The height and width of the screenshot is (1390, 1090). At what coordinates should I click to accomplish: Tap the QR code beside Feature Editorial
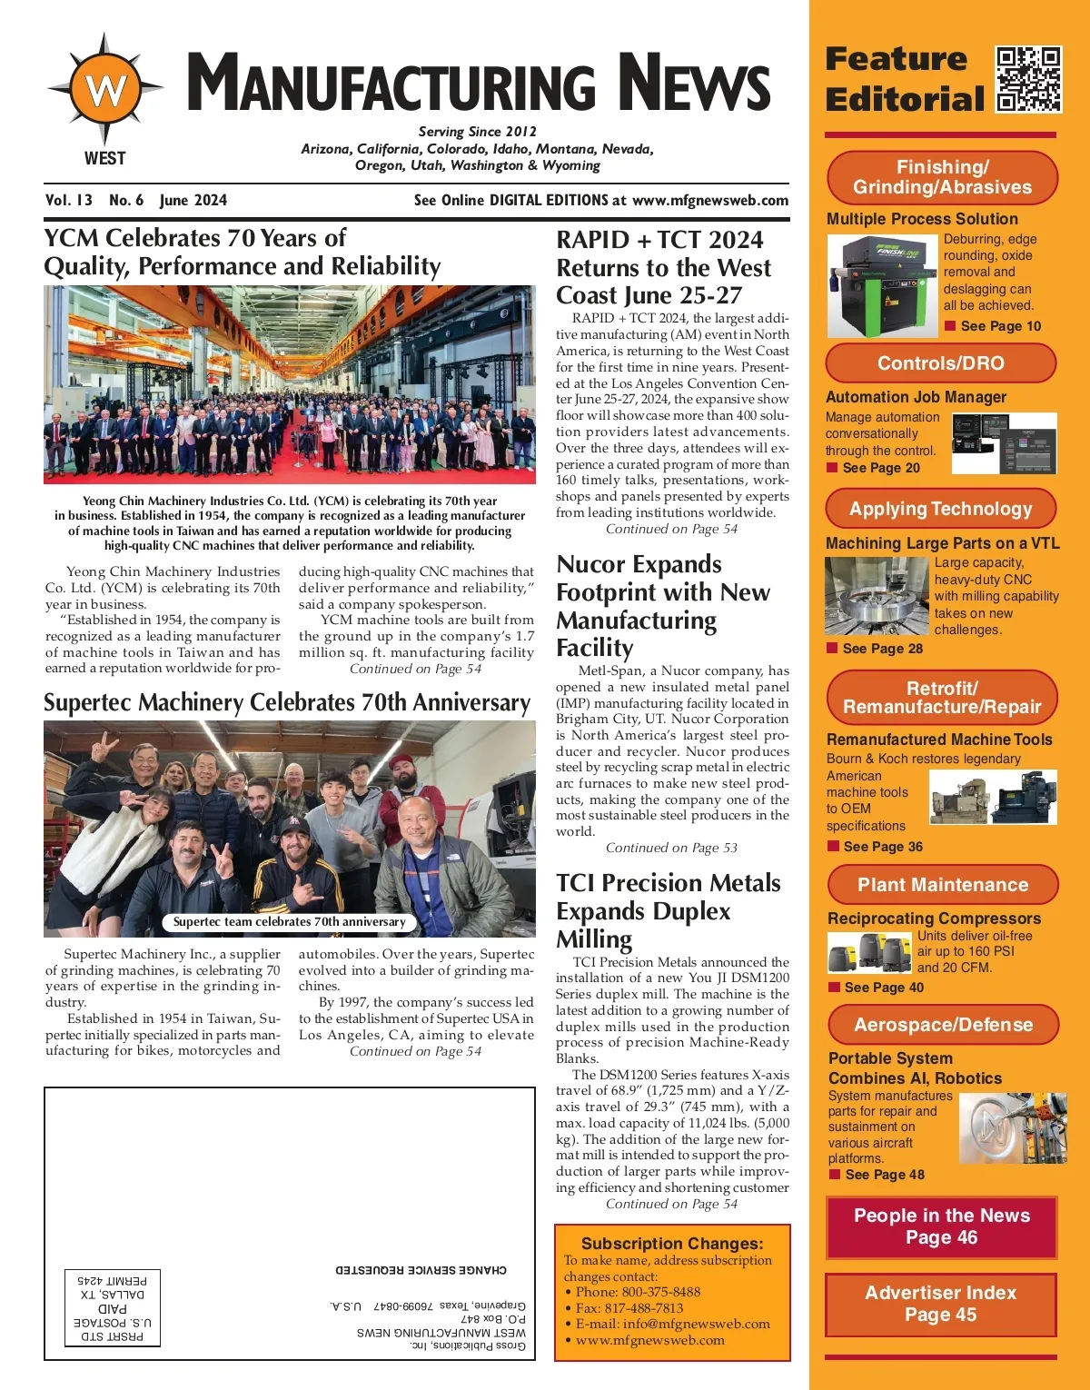(x=1028, y=79)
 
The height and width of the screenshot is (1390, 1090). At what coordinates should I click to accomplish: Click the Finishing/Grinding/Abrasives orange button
(x=942, y=177)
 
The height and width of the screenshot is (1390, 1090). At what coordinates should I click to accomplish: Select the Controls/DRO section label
(x=940, y=363)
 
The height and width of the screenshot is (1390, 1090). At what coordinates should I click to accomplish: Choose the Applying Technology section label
(x=940, y=509)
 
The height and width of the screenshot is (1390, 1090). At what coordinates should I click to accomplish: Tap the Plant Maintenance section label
(x=942, y=885)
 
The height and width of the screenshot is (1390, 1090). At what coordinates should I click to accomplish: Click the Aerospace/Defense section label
(x=943, y=1025)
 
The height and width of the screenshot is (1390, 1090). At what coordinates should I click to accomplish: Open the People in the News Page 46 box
(x=941, y=1226)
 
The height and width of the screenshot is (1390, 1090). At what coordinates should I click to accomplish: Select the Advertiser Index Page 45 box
(x=940, y=1304)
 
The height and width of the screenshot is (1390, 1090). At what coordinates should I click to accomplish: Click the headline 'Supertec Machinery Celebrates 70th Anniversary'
(x=287, y=703)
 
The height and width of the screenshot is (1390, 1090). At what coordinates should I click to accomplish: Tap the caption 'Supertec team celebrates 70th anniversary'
(x=289, y=921)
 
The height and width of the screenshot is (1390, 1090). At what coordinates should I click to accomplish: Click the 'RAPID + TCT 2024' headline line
(x=659, y=240)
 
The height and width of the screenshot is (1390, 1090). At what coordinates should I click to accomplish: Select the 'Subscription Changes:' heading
(x=672, y=1244)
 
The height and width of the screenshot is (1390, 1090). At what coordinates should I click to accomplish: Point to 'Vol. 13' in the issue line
(x=69, y=200)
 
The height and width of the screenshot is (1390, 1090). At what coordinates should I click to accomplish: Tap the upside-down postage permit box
(x=113, y=1307)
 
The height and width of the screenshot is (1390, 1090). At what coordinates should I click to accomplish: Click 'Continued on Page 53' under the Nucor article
(x=671, y=848)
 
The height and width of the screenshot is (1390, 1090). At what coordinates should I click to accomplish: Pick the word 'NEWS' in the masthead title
(x=695, y=84)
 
